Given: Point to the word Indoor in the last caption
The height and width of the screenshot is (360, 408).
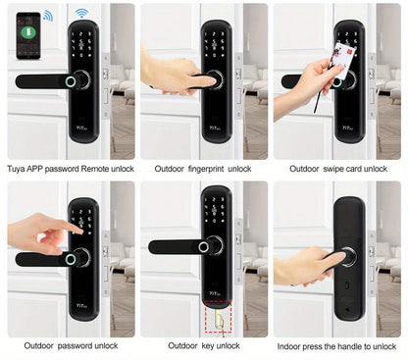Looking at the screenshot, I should point(290,345).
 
